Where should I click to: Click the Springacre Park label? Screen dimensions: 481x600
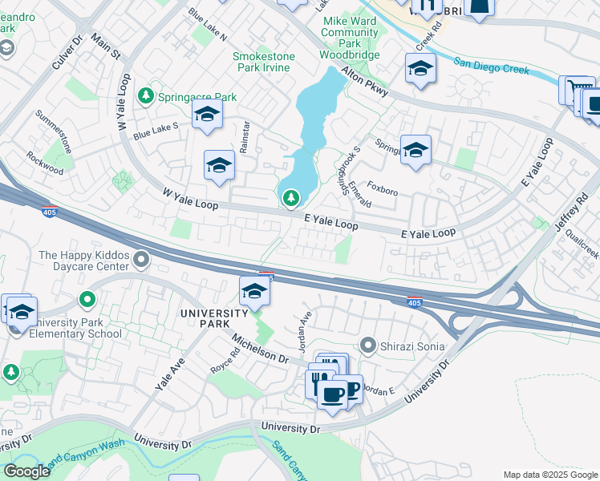tap(197, 97)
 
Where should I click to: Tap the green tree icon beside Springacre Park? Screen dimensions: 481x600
tap(145, 96)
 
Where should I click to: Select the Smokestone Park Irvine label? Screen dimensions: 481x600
tap(263, 63)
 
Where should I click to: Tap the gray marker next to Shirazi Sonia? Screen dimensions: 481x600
tap(368, 346)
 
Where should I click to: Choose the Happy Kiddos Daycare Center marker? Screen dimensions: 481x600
tap(142, 259)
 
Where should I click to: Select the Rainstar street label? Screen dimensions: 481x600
tap(242, 137)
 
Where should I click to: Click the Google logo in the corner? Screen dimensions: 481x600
tap(26, 471)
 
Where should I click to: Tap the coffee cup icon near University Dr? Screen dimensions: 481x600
tap(332, 394)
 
